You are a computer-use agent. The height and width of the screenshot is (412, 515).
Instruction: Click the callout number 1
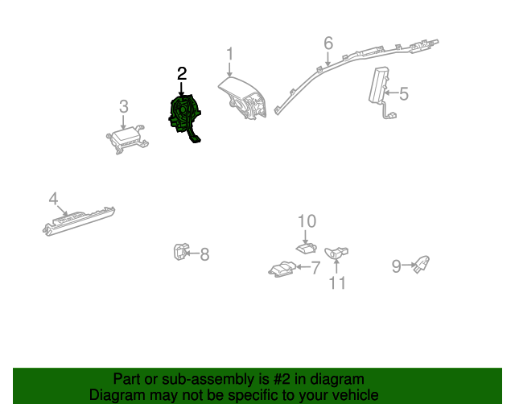click(x=229, y=54)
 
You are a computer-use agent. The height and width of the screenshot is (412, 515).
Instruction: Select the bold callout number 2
click(x=182, y=73)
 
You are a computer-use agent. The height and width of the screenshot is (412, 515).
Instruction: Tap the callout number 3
click(x=123, y=105)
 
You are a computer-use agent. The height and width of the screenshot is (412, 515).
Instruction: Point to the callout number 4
click(x=53, y=198)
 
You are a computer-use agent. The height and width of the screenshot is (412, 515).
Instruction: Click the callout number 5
click(x=404, y=94)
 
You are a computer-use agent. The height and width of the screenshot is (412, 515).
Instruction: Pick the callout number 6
click(x=328, y=42)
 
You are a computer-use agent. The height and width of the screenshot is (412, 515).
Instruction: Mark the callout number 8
click(x=204, y=254)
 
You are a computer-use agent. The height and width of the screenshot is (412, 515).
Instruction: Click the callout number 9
click(x=396, y=266)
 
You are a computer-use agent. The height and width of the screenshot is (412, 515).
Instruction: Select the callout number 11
click(x=336, y=282)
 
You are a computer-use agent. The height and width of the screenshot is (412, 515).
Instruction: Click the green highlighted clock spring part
click(x=184, y=117)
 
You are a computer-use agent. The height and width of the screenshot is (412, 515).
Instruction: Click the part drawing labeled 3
click(x=125, y=140)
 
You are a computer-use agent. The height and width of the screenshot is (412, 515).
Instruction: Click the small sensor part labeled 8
click(x=180, y=253)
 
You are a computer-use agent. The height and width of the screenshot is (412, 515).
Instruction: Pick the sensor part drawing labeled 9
click(x=421, y=264)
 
